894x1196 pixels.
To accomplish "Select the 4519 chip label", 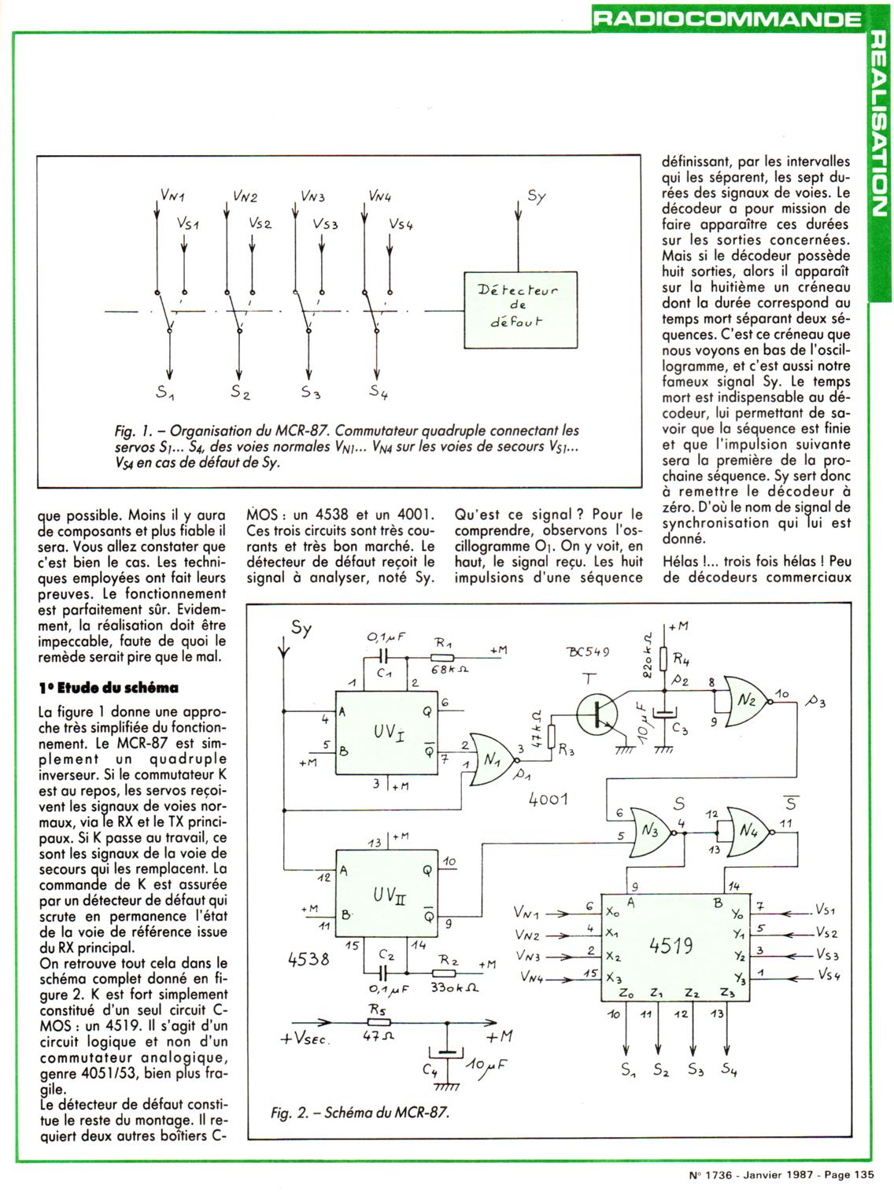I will [670, 945].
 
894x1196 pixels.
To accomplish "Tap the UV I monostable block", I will [388, 733].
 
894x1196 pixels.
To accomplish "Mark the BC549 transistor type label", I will [588, 653].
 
